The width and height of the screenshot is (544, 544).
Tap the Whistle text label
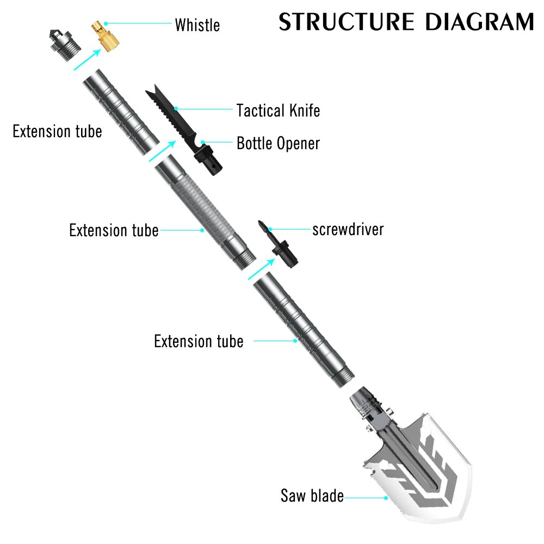[197, 25]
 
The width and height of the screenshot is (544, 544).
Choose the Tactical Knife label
[278, 110]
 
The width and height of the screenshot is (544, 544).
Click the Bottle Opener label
[278, 144]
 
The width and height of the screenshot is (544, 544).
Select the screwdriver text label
[348, 230]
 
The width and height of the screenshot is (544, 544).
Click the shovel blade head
[419, 468]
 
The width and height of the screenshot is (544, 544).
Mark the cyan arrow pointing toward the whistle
[87, 59]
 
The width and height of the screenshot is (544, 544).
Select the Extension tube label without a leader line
[57, 132]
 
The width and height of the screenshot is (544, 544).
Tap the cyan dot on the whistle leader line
[106, 23]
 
